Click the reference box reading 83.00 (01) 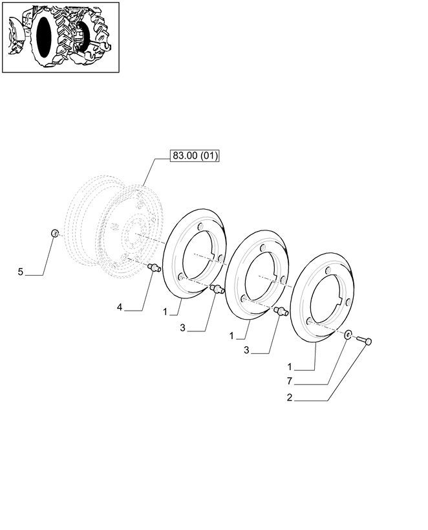pos(195,156)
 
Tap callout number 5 pos(21,272)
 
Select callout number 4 pos(120,307)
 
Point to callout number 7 pos(290,381)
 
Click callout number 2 pos(290,398)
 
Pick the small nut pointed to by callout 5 pos(54,232)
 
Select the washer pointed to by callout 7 pos(348,335)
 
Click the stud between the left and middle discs pos(217,289)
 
